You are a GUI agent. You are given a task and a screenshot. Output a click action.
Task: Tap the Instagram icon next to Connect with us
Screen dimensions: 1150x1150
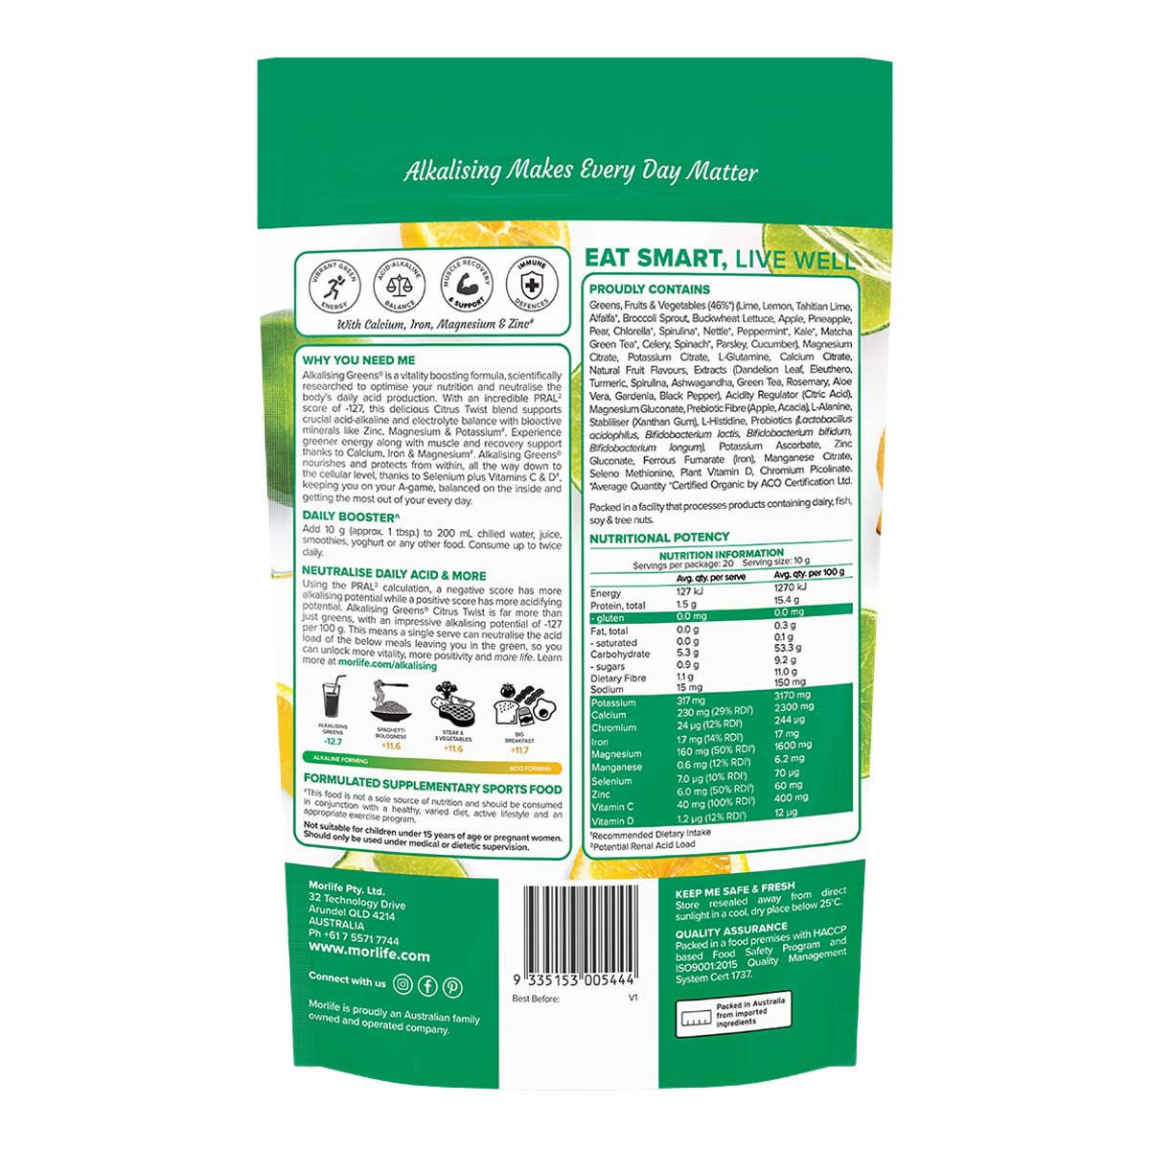coord(403,983)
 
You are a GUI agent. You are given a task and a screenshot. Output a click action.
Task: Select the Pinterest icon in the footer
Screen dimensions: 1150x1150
coord(452,987)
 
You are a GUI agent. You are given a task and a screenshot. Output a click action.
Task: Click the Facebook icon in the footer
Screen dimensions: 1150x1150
coord(427,985)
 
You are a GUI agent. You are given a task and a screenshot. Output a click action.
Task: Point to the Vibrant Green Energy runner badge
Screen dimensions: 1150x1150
coord(331,285)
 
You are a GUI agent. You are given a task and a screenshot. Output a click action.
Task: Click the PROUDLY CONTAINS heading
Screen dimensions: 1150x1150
coord(650,289)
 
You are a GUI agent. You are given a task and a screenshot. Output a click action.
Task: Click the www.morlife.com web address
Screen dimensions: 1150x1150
coord(369,955)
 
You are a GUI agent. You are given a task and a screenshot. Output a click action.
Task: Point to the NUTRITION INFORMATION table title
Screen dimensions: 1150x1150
coord(721,554)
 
